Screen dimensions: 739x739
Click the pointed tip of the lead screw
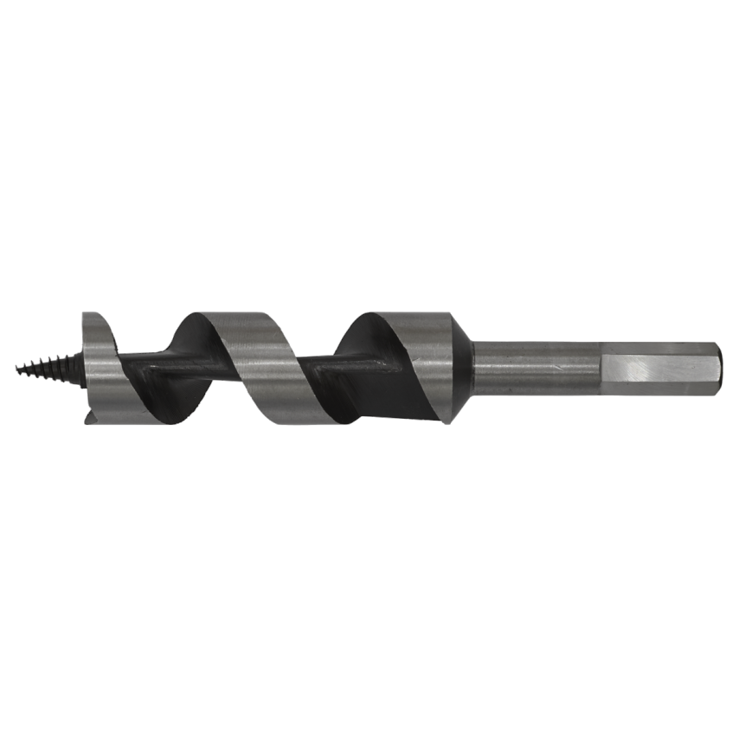17,369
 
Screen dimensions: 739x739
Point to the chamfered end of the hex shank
717,369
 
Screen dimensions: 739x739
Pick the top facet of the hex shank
658,350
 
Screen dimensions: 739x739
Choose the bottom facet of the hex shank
658,389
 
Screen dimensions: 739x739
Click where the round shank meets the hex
602,369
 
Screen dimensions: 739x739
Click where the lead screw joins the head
82,367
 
